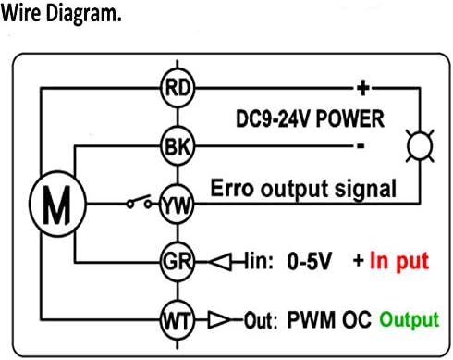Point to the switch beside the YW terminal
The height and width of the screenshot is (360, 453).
click(140, 202)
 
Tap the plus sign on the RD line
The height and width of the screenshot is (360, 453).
click(363, 88)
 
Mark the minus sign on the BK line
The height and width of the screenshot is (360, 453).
click(361, 145)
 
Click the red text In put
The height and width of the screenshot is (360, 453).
click(399, 262)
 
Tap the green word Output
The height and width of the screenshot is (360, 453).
click(410, 319)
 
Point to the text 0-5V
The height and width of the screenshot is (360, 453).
click(309, 261)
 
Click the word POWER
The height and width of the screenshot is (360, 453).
click(350, 118)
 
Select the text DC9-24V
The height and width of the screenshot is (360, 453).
click(273, 118)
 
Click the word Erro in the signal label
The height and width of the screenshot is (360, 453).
click(232, 188)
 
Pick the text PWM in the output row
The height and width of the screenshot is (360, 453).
click(311, 319)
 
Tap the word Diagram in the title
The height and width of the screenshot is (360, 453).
click(83, 14)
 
